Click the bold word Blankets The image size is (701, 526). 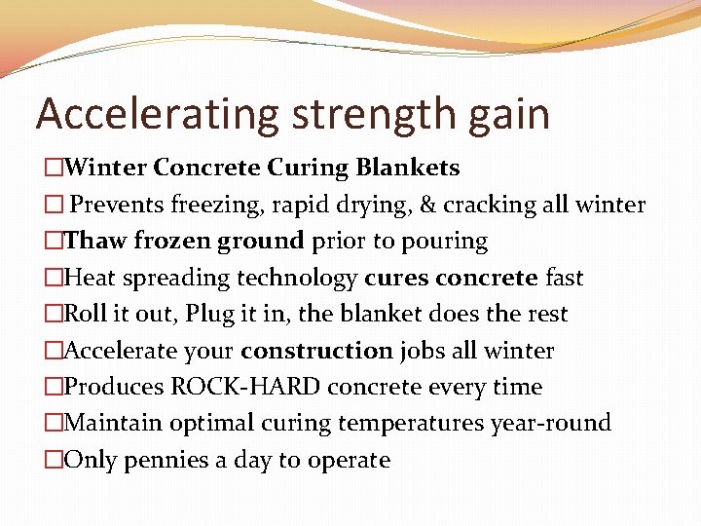(407, 168)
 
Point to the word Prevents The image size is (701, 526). (117, 205)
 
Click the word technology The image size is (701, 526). (303, 278)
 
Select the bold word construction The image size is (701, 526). (316, 351)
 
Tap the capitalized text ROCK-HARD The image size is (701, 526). (246, 387)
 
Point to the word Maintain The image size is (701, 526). (107, 423)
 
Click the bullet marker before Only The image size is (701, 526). (53, 460)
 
